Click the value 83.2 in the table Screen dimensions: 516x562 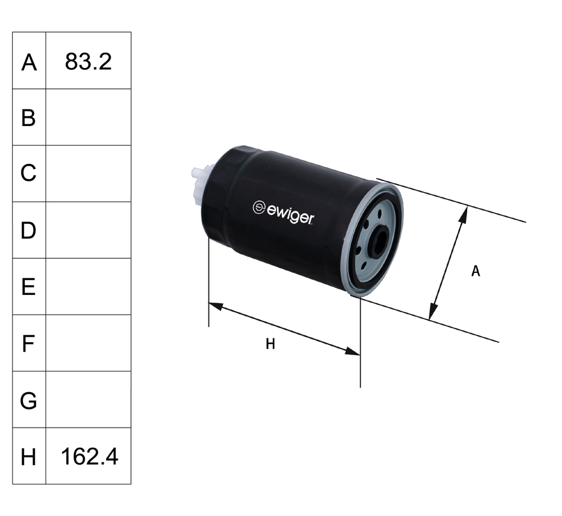click(x=88, y=61)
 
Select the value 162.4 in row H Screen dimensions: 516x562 click(x=88, y=456)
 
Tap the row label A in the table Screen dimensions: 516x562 click(x=29, y=62)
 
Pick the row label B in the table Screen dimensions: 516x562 click(x=29, y=118)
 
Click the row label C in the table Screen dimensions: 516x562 click(x=29, y=174)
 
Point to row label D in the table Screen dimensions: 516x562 click(x=29, y=230)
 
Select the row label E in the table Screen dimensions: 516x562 click(x=29, y=287)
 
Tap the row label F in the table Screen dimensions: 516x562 click(x=29, y=343)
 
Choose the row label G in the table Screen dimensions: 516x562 click(x=29, y=400)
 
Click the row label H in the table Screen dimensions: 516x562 click(x=29, y=457)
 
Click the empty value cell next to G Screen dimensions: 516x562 click(x=88, y=400)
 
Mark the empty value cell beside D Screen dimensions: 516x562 click(x=88, y=230)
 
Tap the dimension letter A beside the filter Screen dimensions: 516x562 click(x=475, y=271)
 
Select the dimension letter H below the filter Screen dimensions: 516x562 click(x=270, y=344)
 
